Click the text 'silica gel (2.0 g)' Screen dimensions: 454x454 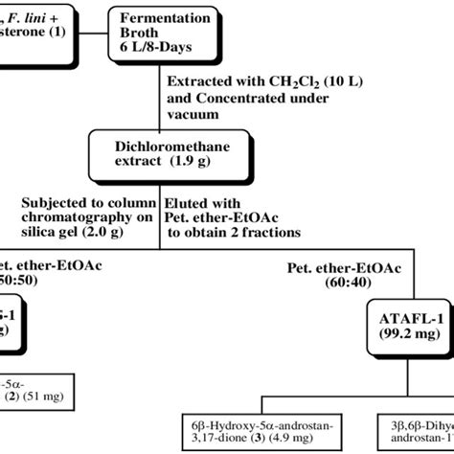pos(73,232)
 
